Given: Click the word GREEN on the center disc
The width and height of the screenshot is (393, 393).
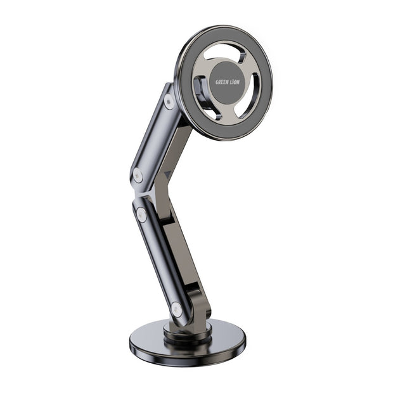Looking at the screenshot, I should coord(222,82).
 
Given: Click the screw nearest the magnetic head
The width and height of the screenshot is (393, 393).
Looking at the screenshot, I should coord(169,100).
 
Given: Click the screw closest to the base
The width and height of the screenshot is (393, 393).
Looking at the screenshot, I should coord(176,310).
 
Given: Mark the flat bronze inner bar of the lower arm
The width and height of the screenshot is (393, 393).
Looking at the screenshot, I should coord(184,254).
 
